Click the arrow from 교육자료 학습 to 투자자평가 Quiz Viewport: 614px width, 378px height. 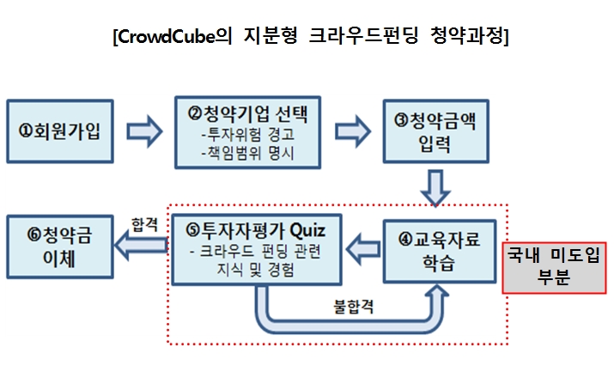[362, 249]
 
